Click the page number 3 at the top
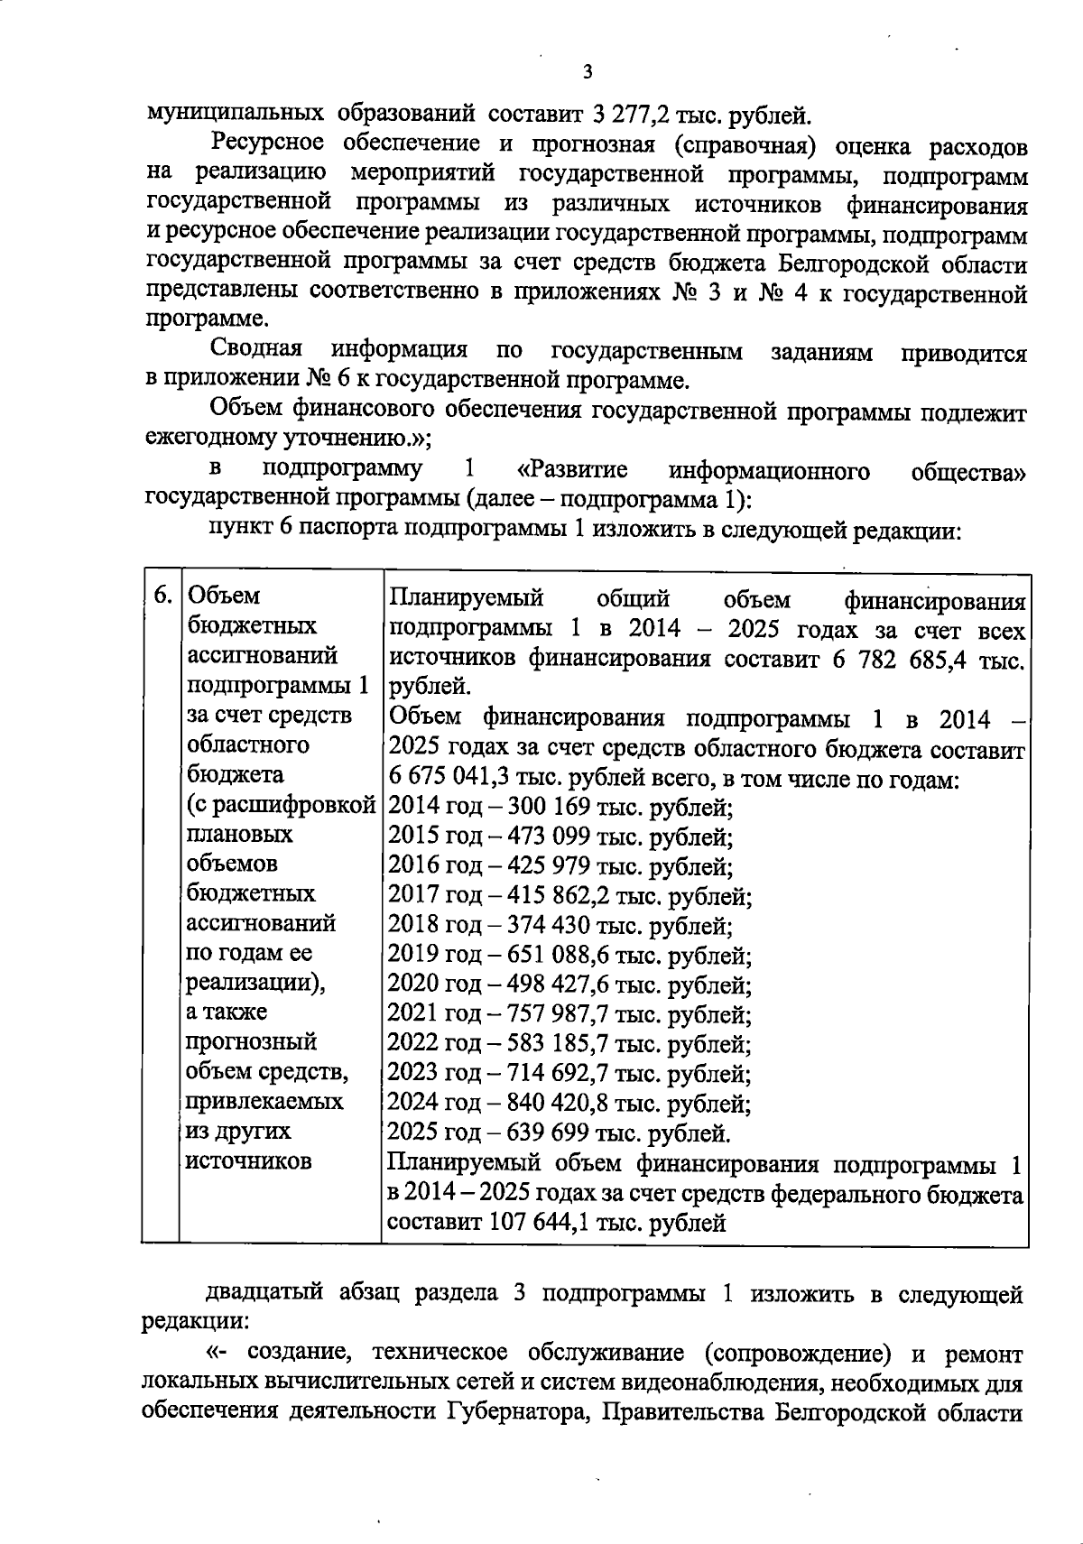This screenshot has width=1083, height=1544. [588, 73]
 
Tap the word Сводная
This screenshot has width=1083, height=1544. [256, 350]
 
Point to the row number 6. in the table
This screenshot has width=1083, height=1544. [162, 596]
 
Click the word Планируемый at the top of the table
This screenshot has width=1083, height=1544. [466, 599]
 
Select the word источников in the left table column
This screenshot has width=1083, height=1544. [247, 1160]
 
